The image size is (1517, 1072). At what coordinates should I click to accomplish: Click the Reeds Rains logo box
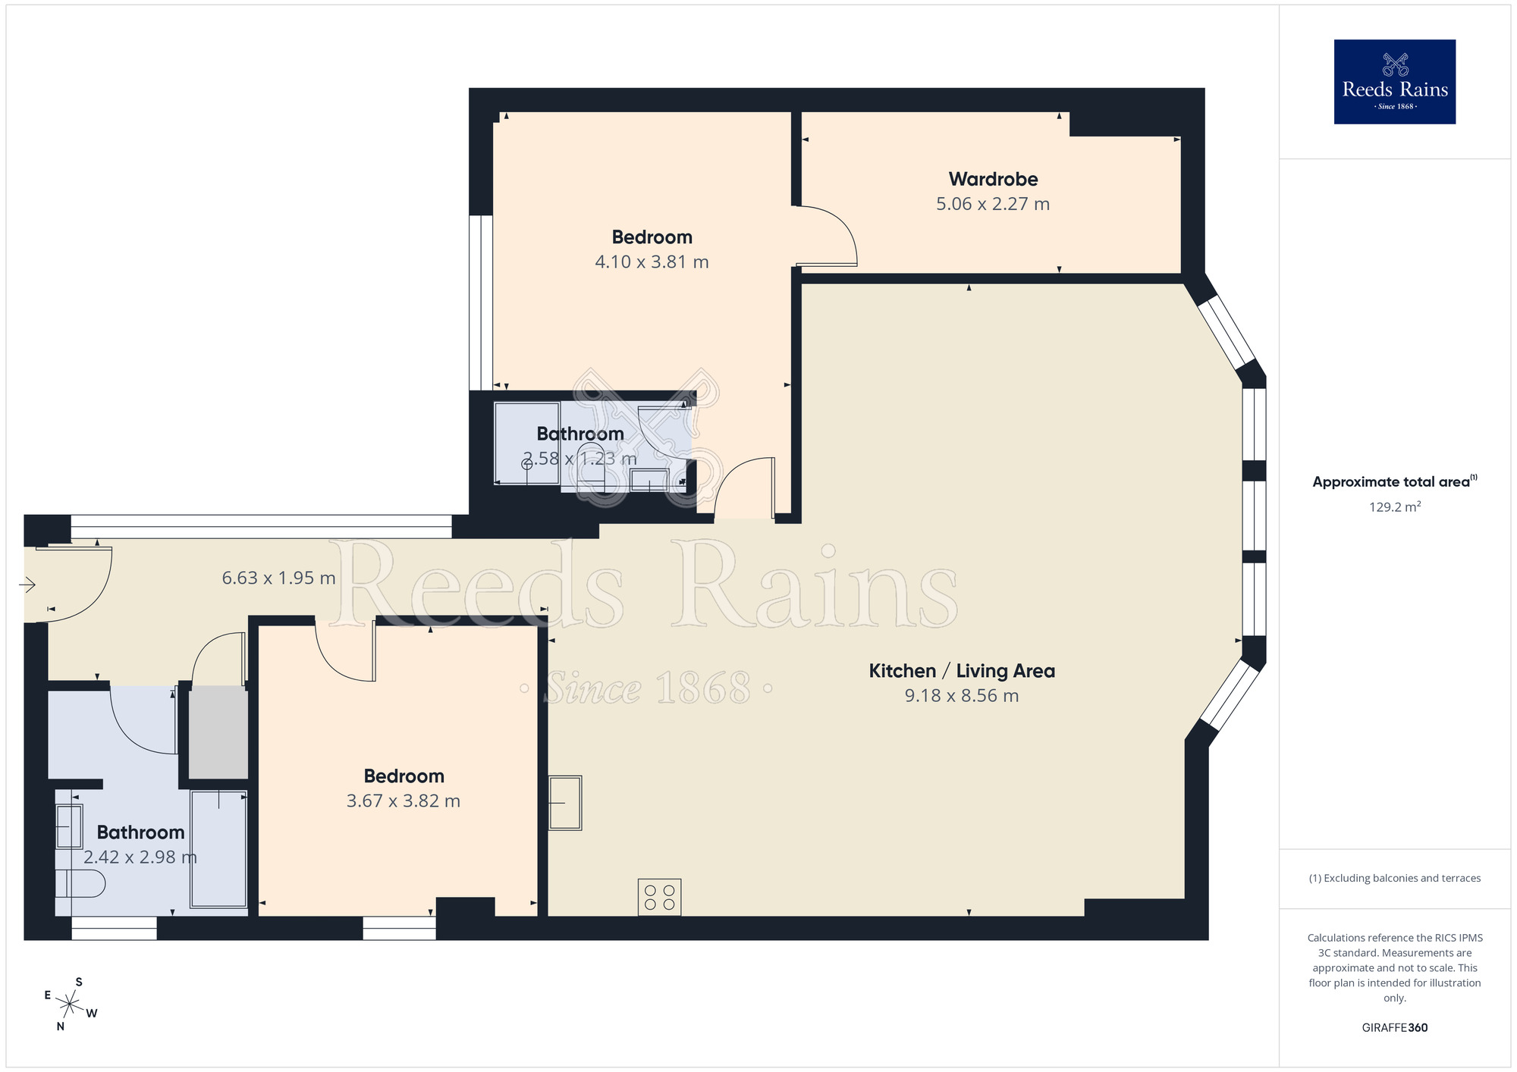(1394, 82)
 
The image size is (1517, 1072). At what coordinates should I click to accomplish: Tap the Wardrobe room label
(993, 180)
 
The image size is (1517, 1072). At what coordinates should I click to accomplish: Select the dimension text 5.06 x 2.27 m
(993, 204)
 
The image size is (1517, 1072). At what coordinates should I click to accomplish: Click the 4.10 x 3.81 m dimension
(652, 262)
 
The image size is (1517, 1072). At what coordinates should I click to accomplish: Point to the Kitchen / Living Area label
(961, 671)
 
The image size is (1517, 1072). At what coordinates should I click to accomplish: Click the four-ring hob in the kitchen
(659, 897)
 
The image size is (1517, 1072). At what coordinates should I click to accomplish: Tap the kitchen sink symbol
(565, 802)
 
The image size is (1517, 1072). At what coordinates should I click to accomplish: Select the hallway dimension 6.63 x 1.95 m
(278, 578)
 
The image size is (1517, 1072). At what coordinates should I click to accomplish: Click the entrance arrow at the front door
(27, 585)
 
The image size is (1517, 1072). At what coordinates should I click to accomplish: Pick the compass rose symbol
(70, 1005)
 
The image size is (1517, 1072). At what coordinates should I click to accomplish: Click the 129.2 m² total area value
(1394, 507)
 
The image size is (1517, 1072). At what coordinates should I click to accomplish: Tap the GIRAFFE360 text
(1394, 1028)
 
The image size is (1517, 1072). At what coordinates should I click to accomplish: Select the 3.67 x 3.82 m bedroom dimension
(403, 801)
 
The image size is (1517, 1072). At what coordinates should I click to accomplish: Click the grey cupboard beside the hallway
(218, 732)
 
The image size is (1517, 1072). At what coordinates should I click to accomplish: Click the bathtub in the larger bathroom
(218, 849)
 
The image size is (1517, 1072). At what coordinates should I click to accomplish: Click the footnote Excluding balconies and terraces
(1394, 879)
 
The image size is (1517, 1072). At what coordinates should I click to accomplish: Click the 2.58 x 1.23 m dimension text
(580, 459)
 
